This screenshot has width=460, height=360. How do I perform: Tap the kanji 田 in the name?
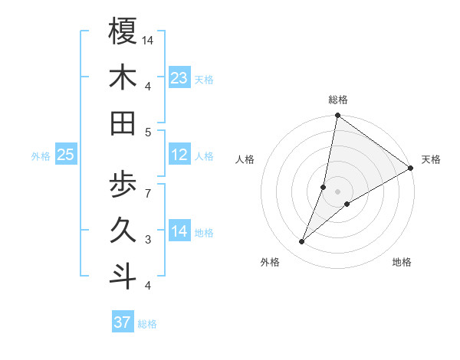coord(123,123)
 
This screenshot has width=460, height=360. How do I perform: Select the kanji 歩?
coord(123,185)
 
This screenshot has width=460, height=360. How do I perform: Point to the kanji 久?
coord(123,230)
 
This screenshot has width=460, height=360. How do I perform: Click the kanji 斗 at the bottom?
coord(123,276)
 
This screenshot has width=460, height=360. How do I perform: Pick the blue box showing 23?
coord(179,78)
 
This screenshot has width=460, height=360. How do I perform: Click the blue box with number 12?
coord(179,155)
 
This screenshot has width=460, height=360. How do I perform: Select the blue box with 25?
coord(66,155)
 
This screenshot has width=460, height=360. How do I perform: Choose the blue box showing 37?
coord(123,322)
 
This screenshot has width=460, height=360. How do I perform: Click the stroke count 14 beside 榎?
coord(148,40)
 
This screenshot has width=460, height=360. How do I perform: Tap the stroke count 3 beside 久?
coord(148,240)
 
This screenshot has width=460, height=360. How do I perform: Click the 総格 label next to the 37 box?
coord(147,324)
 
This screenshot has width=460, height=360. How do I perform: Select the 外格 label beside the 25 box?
coord(41,156)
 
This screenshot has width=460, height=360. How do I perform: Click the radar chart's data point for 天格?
coord(411,169)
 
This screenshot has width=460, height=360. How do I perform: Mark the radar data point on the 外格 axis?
coord(302,242)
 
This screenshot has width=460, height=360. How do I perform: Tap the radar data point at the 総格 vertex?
coord(337,116)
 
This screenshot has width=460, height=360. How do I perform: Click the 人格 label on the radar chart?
coord(245,159)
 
